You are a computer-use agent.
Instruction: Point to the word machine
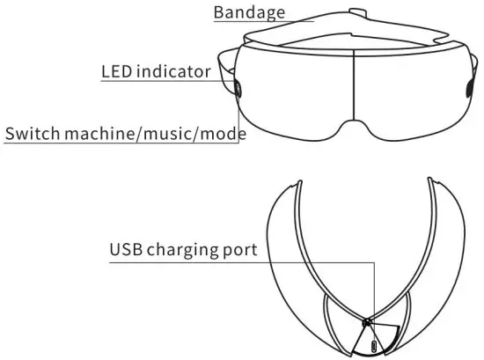93,134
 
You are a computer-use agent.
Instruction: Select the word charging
185,250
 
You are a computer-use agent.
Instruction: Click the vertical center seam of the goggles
354,84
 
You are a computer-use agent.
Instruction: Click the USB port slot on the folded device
377,346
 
